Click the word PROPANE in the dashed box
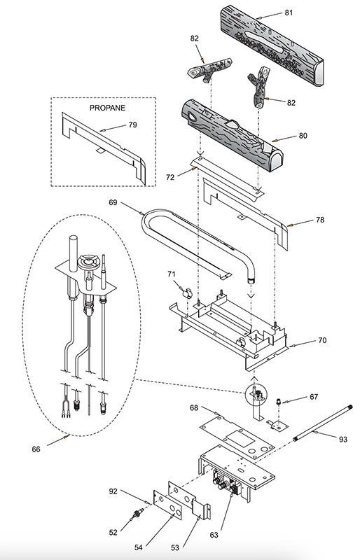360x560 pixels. (x=107, y=108)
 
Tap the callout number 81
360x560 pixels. (x=289, y=13)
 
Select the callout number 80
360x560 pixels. (x=303, y=136)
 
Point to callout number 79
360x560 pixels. (x=132, y=125)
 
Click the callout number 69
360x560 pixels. (x=113, y=202)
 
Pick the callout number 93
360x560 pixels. (x=343, y=440)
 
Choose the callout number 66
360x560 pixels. (x=36, y=449)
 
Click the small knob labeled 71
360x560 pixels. (x=186, y=293)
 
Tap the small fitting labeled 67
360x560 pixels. (x=278, y=402)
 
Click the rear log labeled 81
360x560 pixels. (x=272, y=45)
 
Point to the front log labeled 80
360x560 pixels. (x=232, y=136)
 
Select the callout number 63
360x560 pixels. (x=214, y=535)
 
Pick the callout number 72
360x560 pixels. (x=170, y=177)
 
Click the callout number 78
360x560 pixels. (x=320, y=220)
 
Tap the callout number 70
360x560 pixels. (x=322, y=340)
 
